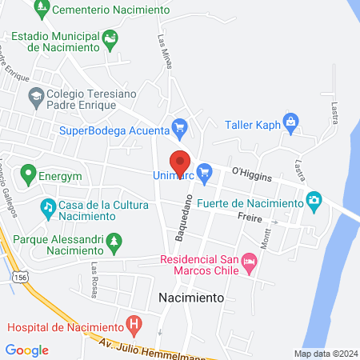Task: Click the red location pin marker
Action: (x=180, y=162)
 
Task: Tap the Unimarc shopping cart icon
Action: (x=204, y=170)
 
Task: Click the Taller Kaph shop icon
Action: (x=290, y=123)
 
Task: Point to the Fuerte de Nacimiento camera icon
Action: (x=314, y=198)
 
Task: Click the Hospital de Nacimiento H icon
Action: (x=134, y=326)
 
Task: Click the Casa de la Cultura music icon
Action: (x=48, y=208)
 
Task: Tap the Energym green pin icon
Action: (x=29, y=172)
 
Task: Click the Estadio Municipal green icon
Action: (x=110, y=37)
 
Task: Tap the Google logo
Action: (x=26, y=350)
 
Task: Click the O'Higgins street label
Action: (x=251, y=173)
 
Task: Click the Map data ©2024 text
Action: (x=324, y=354)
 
